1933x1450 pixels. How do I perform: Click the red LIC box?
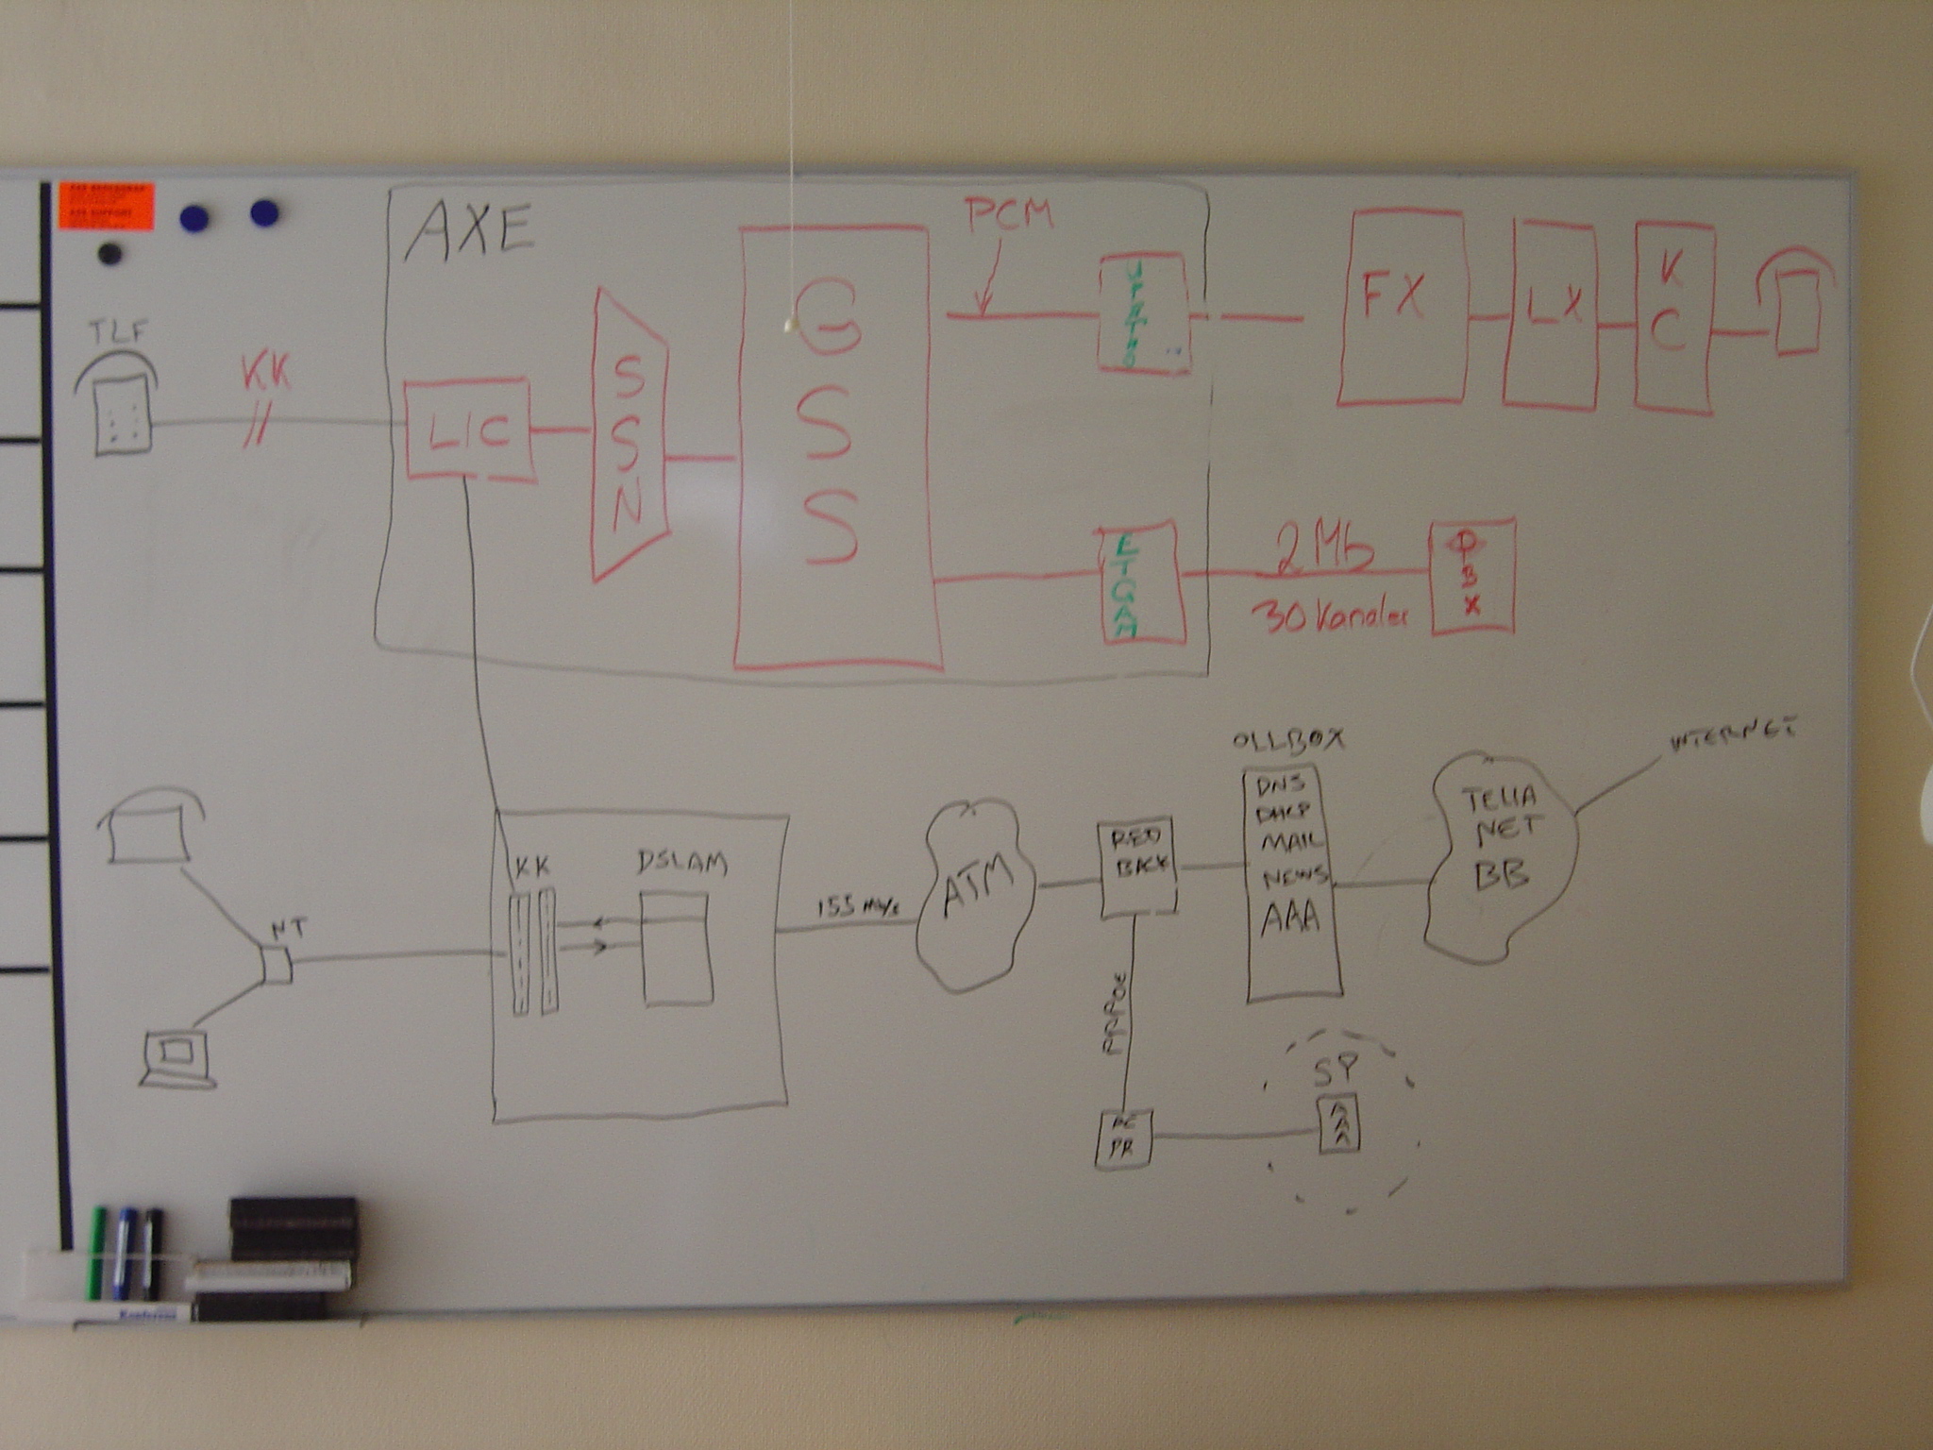click(467, 430)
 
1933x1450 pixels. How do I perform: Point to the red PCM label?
click(1008, 216)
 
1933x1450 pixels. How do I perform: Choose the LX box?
click(1552, 313)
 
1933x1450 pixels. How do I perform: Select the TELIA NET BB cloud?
click(1501, 854)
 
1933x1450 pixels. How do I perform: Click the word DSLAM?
click(681, 863)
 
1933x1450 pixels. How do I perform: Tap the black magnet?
click(110, 254)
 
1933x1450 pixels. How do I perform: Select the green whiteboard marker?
click(96, 1251)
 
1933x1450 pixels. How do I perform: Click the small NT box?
click(276, 964)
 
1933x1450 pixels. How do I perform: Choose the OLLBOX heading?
click(1288, 740)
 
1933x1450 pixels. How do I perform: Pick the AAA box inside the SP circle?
click(1338, 1123)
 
